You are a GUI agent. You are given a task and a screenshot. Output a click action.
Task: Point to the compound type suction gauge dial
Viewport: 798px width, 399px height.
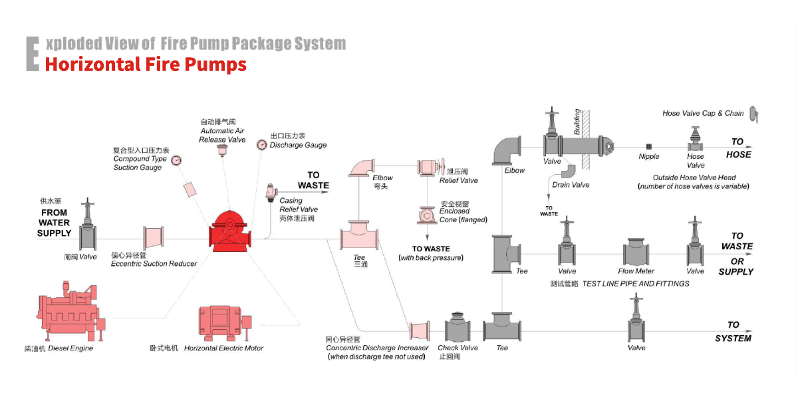click(x=176, y=160)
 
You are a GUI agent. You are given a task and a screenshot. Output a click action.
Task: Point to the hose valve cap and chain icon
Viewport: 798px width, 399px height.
click(x=753, y=114)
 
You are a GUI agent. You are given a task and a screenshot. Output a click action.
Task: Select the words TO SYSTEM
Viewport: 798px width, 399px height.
click(x=733, y=331)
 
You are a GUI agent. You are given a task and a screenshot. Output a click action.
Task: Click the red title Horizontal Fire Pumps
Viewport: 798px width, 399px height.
click(x=146, y=65)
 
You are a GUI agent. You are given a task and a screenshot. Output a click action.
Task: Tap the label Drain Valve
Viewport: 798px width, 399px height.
click(x=571, y=185)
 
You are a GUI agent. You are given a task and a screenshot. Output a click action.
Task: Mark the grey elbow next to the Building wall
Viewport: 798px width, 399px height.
click(x=507, y=150)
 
